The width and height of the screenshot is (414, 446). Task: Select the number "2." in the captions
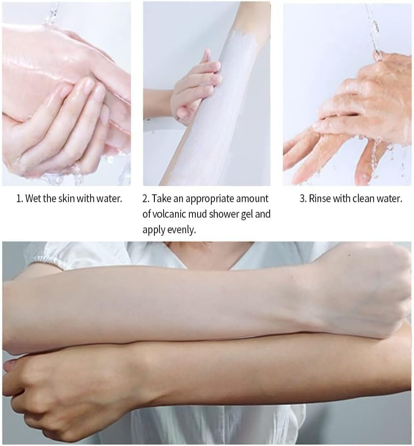tap(146, 199)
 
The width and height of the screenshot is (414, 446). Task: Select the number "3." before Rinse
tap(303, 199)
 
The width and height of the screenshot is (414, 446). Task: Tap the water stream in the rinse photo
tap(373, 29)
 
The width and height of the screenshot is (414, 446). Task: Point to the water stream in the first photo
tap(51, 14)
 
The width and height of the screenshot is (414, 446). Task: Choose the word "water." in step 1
tap(109, 199)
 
